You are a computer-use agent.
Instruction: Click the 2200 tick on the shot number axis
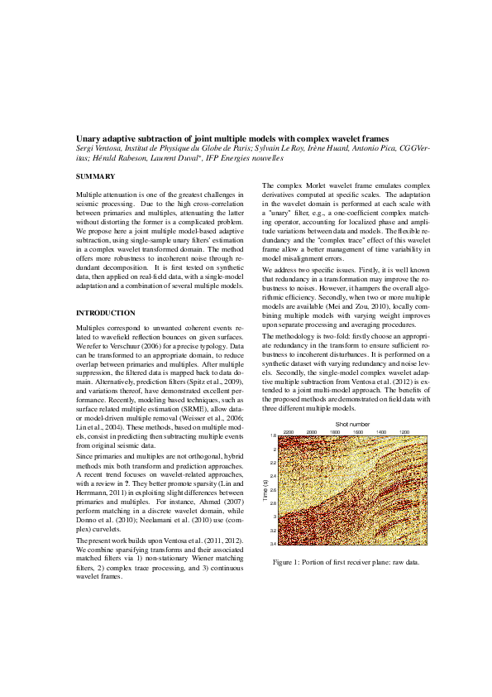point(288,433)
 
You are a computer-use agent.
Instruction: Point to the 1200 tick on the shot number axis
point(404,433)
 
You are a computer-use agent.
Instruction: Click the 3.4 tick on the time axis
point(273,543)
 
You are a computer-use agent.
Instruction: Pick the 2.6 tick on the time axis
point(273,489)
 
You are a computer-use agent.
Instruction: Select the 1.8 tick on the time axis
point(273,436)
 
